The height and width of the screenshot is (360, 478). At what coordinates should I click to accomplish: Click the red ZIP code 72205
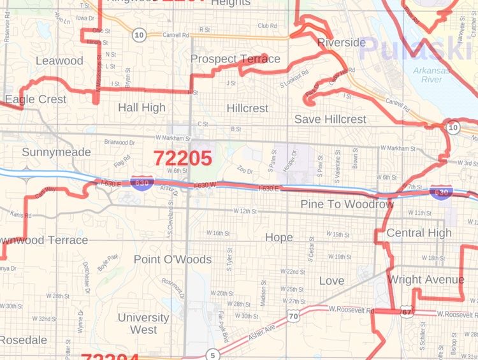point(182,157)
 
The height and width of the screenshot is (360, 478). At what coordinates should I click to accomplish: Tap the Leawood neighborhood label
point(59,61)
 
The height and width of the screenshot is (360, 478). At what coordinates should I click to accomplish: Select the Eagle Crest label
point(35,99)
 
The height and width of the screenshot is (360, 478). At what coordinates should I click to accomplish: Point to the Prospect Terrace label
point(235,59)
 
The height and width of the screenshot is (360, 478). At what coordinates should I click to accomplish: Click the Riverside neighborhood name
point(341,43)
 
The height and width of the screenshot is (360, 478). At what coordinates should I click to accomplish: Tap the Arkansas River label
point(431,75)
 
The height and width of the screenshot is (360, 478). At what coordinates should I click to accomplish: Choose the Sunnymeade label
point(56,152)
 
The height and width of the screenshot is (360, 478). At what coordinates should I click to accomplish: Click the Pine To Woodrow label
point(347,204)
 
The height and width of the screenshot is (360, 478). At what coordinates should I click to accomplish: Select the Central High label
point(419,233)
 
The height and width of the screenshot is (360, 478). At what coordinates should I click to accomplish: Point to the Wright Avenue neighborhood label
point(426,279)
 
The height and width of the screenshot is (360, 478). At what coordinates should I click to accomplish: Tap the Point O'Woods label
point(172,259)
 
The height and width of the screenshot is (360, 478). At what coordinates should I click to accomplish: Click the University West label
point(143,323)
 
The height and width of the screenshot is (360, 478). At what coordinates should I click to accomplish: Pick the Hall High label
point(141,108)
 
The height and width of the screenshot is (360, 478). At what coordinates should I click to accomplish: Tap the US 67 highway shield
point(407,312)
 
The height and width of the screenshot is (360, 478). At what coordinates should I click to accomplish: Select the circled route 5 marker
point(211,354)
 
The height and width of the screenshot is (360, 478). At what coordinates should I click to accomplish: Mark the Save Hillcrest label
point(330,119)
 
